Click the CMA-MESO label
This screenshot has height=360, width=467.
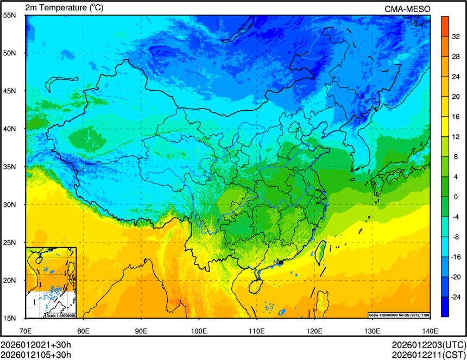pos(407,9)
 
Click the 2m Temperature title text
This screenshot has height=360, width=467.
pos(65,8)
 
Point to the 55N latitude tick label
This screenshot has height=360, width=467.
pos(9,15)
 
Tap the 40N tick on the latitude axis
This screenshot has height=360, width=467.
pos(9,129)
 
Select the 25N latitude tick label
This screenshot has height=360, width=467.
pos(9,243)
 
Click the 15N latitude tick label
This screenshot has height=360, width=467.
pos(9,318)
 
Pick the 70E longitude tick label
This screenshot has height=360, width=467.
pos(26,330)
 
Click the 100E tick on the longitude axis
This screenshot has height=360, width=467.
pos(199,330)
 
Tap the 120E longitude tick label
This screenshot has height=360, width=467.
pos(314,330)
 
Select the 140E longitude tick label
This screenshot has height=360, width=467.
pos(430,330)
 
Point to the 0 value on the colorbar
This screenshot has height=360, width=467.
pos(457,197)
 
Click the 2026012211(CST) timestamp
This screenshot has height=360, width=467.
pos(428,355)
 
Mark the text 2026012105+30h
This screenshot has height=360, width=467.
pos(36,355)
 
